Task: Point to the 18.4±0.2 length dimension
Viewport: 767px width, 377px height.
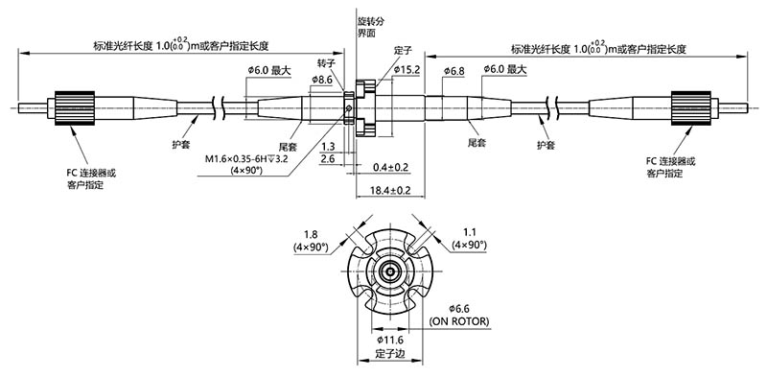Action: coord(390,191)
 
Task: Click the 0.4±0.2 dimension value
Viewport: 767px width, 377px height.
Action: coord(390,167)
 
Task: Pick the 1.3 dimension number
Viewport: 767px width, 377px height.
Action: coord(328,146)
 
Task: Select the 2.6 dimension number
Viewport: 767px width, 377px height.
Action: coord(328,159)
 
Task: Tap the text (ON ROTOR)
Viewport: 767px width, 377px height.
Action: coord(459,320)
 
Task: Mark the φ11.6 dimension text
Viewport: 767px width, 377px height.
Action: coord(391,341)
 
